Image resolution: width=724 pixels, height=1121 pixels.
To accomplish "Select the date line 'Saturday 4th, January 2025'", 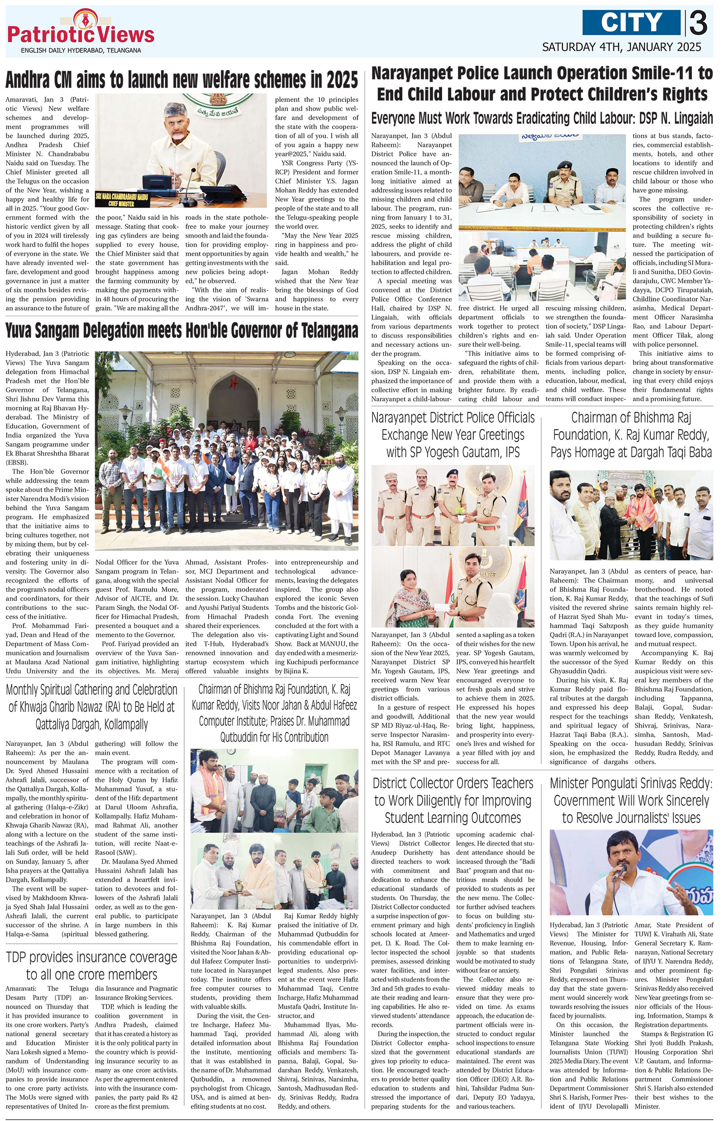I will click(622, 47).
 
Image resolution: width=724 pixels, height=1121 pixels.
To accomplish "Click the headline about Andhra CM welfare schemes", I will click(181, 80).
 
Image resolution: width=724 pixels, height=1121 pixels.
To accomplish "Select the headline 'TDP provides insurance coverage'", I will click(92, 965).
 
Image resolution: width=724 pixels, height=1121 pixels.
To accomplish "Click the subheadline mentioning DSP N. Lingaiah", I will click(542, 118).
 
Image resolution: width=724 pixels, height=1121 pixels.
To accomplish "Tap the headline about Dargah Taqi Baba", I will click(631, 435).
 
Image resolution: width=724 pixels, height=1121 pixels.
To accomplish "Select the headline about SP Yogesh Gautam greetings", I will click(453, 435).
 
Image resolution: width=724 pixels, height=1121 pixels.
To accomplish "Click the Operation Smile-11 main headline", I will click(542, 84).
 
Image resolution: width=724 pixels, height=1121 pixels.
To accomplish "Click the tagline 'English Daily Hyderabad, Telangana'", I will click(81, 50).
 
